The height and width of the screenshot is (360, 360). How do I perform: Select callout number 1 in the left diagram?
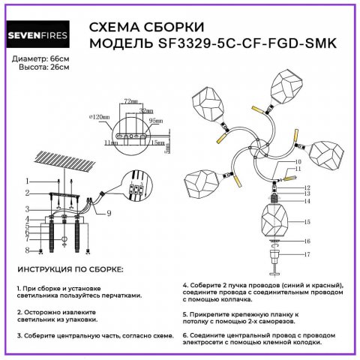point(27,181)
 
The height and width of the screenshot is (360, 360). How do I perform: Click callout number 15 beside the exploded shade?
point(306,222)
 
